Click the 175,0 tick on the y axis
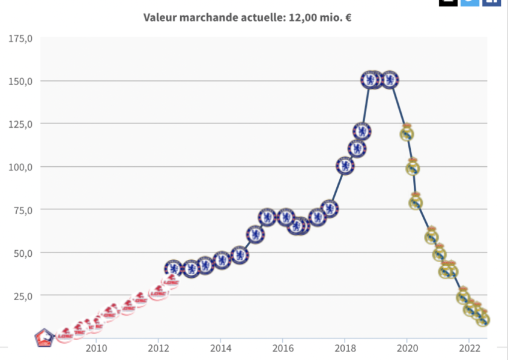tap(21, 39)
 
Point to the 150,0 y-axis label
tap(21, 81)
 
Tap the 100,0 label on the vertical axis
tap(21, 167)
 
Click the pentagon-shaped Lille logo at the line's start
tap(43, 338)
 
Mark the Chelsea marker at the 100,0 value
tap(345, 166)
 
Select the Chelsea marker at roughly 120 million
tap(361, 131)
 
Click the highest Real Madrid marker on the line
tap(407, 133)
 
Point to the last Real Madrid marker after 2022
tap(483, 319)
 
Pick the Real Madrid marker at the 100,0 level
tap(413, 167)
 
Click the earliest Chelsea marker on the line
tap(174, 268)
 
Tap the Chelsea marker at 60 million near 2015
tap(255, 235)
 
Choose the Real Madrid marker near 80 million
tap(416, 202)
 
